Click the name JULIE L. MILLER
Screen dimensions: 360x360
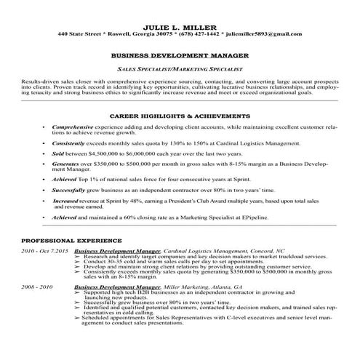click(x=180, y=25)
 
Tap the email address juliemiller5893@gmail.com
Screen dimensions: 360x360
click(x=262, y=33)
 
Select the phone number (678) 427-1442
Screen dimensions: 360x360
click(x=199, y=33)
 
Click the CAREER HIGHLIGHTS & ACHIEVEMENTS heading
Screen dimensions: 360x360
click(x=180, y=116)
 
